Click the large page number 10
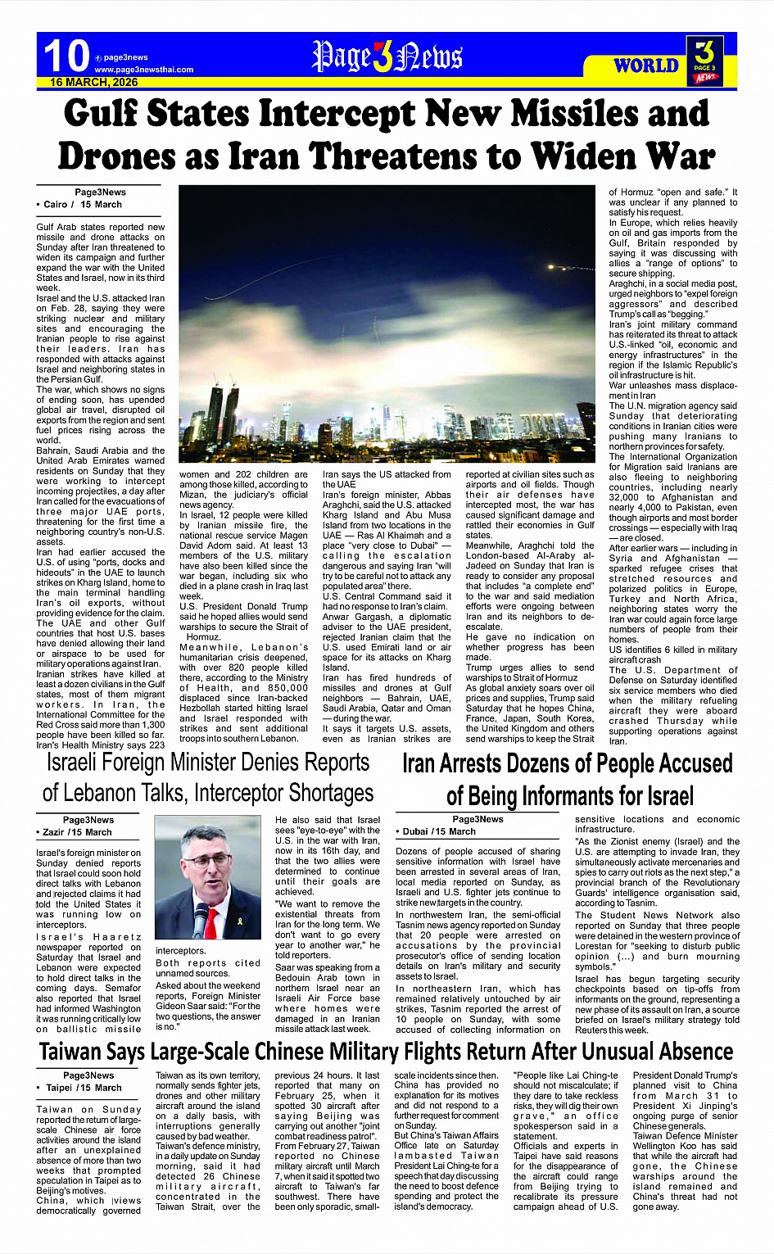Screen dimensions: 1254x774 pyautogui.click(x=66, y=57)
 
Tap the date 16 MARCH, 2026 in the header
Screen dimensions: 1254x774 pyautogui.click(x=93, y=83)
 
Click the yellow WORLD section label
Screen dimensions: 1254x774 pyautogui.click(x=646, y=66)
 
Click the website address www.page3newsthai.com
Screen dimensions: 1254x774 pyautogui.click(x=143, y=70)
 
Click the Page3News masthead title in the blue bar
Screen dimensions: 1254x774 pyautogui.click(x=387, y=57)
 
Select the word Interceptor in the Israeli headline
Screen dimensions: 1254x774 pyautogui.click(x=245, y=793)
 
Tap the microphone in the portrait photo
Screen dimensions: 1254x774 pyautogui.click(x=200, y=918)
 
